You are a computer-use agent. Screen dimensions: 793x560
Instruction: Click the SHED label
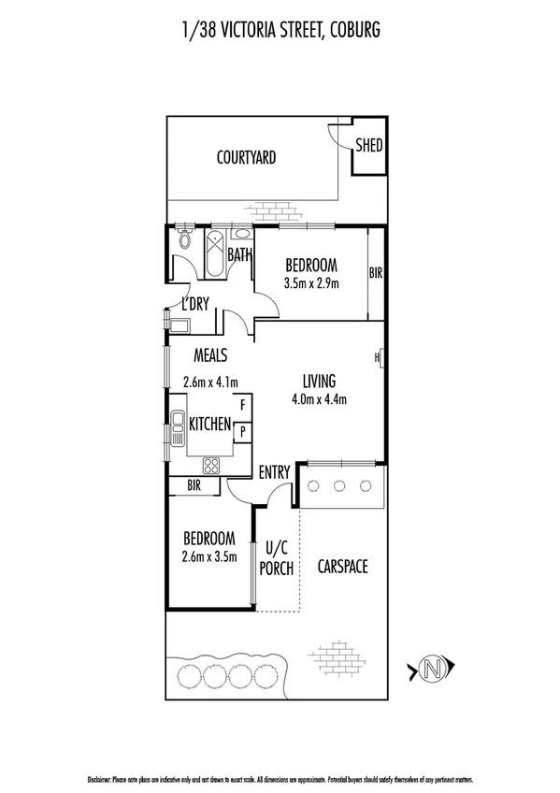click(x=368, y=146)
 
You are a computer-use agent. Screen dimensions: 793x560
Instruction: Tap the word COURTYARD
click(x=246, y=158)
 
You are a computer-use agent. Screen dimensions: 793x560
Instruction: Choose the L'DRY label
click(x=194, y=304)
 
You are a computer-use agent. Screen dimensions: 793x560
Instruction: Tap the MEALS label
click(x=210, y=355)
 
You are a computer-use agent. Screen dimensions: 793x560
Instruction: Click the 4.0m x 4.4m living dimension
click(x=318, y=400)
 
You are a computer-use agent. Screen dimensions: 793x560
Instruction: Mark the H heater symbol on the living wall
click(x=379, y=358)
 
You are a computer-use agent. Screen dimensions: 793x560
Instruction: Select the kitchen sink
click(x=177, y=431)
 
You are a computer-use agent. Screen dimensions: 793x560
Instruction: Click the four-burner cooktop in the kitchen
click(x=211, y=464)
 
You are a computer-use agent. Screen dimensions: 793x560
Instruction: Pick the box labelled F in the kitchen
click(x=242, y=405)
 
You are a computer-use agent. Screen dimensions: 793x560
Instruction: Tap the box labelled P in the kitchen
click(x=242, y=431)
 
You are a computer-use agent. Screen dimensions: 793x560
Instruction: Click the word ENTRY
click(x=275, y=473)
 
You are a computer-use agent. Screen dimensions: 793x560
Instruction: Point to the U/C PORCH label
click(x=279, y=559)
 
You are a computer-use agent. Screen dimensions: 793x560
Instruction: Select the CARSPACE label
click(x=341, y=566)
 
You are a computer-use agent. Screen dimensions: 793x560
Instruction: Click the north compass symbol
click(x=431, y=669)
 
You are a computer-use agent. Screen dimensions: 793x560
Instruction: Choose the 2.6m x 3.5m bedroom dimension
click(x=209, y=556)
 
